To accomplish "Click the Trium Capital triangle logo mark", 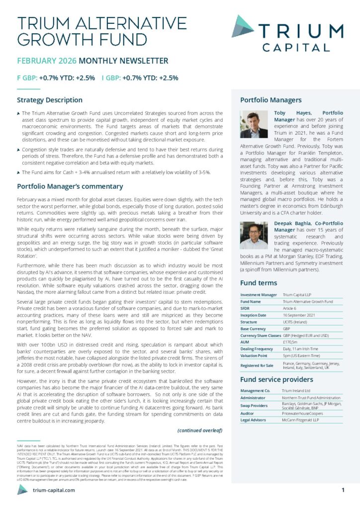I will [243, 26].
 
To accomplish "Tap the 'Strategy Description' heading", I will [50, 100].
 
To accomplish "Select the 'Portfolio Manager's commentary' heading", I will [70, 186].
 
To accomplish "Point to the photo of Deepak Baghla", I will [254, 235].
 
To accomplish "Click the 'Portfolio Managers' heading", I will [270, 100].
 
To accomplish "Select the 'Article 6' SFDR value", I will [291, 308].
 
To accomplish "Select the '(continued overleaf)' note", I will [199, 430].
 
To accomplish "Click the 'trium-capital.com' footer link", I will [53, 490].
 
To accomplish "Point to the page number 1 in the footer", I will [343, 490].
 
